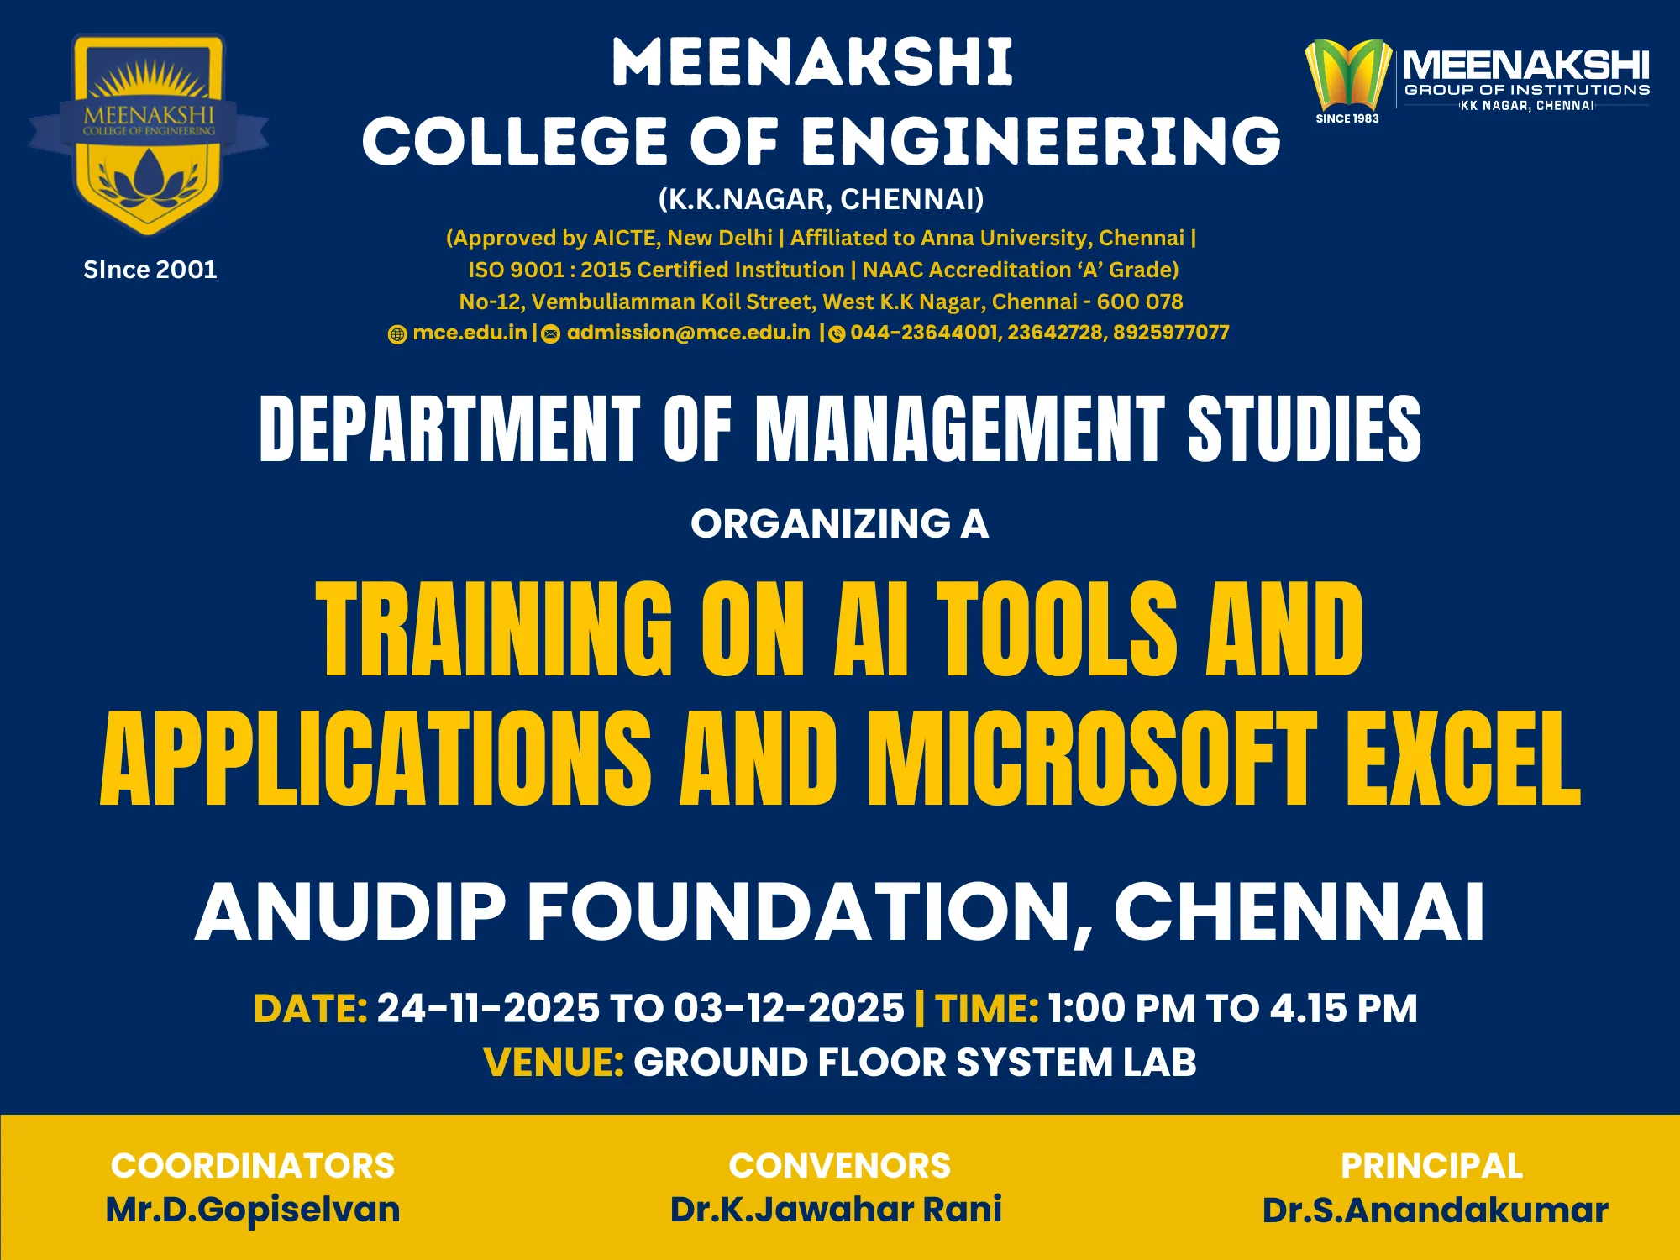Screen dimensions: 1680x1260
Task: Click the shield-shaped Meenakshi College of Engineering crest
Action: tap(149, 134)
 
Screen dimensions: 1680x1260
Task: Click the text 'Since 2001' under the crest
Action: tap(150, 270)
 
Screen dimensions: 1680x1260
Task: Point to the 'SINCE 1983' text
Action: tap(1347, 118)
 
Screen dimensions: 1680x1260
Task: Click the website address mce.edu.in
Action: tap(470, 333)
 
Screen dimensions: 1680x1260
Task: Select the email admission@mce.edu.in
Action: tap(689, 333)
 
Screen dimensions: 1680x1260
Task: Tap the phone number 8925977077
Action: tap(1171, 333)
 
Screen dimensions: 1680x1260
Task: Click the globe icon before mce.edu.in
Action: tap(397, 334)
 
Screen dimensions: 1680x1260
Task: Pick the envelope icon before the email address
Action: tap(551, 334)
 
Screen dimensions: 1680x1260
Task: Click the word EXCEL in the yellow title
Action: tap(1463, 759)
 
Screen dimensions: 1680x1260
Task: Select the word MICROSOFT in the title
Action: tap(1092, 759)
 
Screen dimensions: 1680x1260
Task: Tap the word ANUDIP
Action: tap(350, 912)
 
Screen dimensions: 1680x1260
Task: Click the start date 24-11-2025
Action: tap(488, 1009)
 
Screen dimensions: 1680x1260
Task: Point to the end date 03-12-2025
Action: tap(789, 1009)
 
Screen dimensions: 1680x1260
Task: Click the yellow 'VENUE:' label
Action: tap(554, 1063)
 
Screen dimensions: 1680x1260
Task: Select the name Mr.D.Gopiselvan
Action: tap(253, 1210)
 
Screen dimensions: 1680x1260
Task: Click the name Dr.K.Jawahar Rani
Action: tap(836, 1210)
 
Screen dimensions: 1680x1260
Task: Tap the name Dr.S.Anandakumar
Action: tap(1436, 1210)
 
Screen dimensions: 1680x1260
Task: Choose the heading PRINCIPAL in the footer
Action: tap(1432, 1166)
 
